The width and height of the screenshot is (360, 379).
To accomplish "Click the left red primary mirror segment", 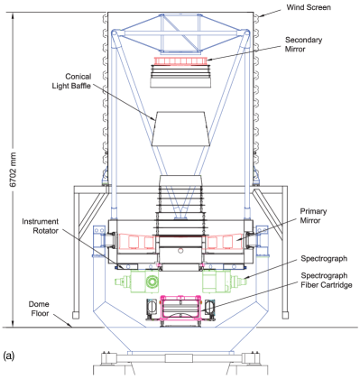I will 135,241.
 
